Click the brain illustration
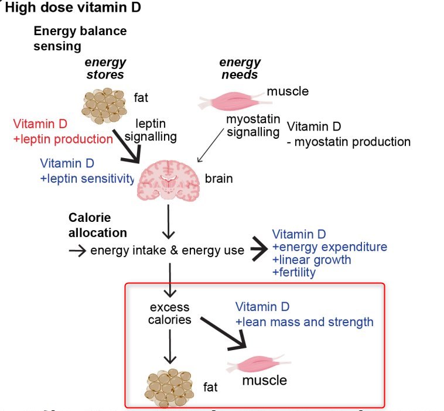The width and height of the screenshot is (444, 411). pos(169,179)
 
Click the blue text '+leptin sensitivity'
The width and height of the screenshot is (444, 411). pos(88,179)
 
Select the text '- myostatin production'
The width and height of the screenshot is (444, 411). pos(349,142)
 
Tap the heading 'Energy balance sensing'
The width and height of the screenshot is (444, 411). pos(80,37)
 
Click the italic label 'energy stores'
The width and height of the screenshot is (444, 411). pos(105,68)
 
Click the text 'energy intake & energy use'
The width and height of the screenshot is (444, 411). pos(167,251)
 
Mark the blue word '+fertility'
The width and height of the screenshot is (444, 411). pos(294,272)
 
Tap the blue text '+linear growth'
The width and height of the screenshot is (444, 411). pos(312,259)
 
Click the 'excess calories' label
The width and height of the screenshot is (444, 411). pos(170,313)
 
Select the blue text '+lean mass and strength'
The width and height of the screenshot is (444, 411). pos(304,321)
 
